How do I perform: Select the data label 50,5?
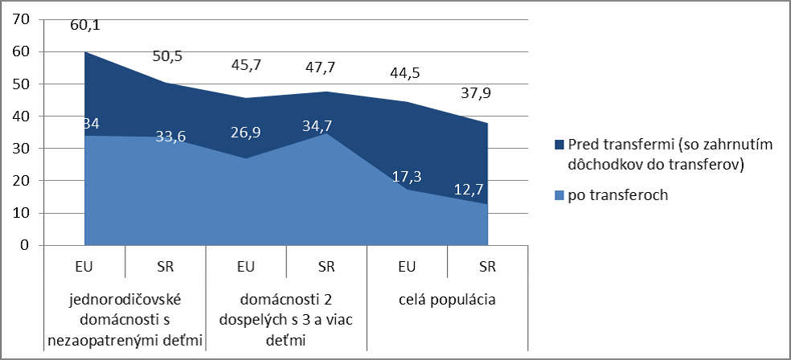point(166,59)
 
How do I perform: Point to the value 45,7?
point(247,65)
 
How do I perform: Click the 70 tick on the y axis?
point(18,19)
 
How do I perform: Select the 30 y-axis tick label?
point(18,149)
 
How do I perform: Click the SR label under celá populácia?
point(488,267)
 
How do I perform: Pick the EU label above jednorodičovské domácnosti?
point(86,267)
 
